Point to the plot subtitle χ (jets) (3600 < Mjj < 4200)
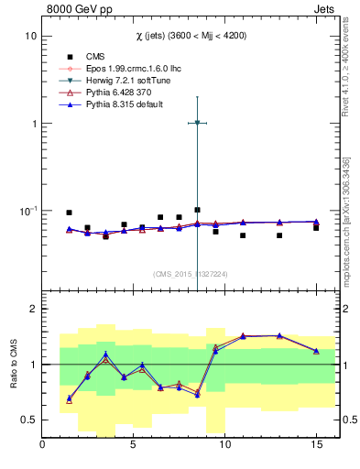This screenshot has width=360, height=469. pyautogui.click(x=188, y=35)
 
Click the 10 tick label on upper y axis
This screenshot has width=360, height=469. pyautogui.click(x=30, y=36)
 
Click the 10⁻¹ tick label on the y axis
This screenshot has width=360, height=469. pyautogui.click(x=27, y=211)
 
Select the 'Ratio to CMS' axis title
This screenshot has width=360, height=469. pyautogui.click(x=13, y=365)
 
